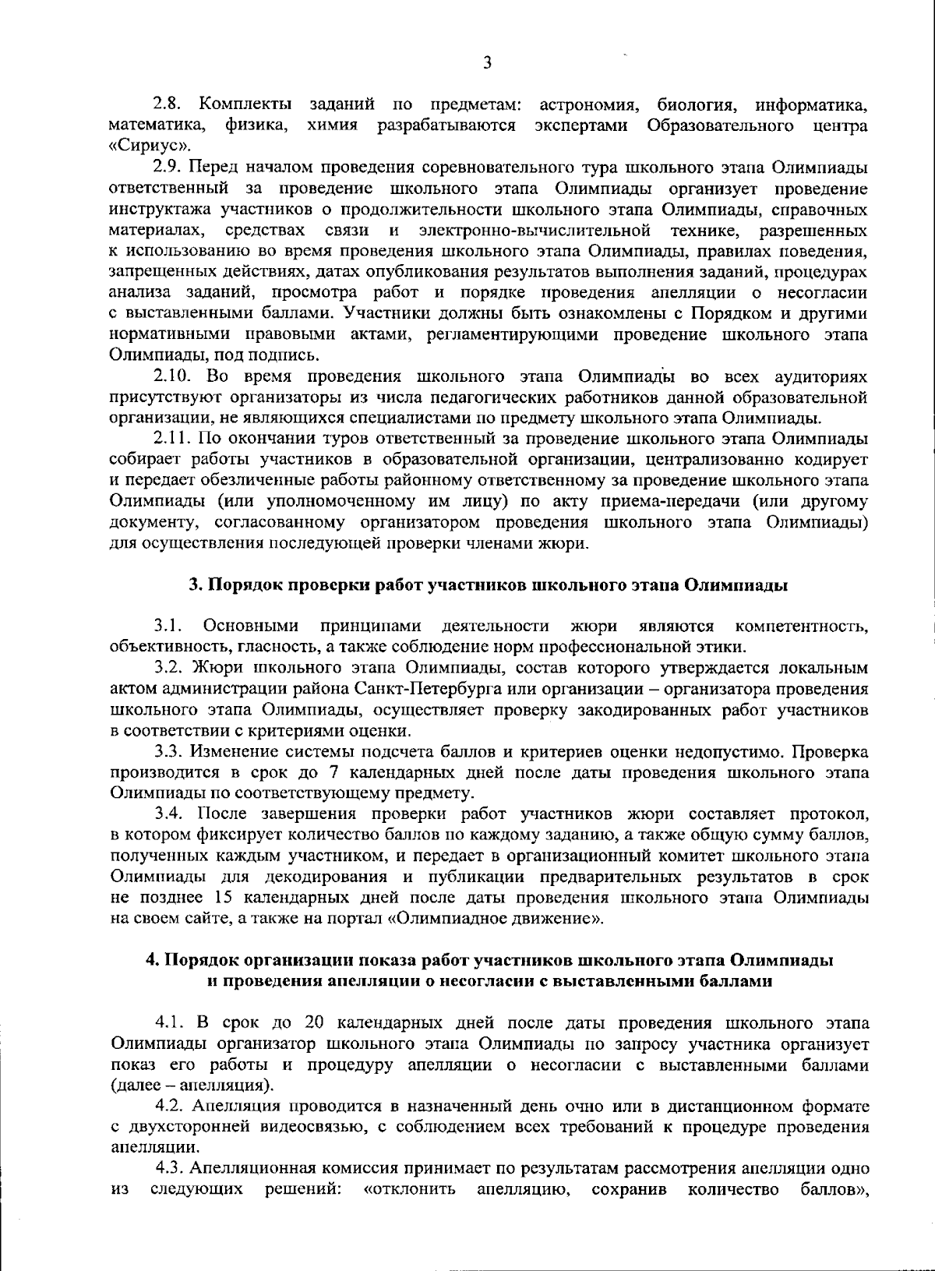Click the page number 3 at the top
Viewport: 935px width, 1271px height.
(x=487, y=63)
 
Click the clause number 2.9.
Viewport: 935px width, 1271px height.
(x=168, y=168)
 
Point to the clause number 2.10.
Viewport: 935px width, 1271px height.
(x=172, y=377)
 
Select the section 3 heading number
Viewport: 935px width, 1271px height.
(x=196, y=586)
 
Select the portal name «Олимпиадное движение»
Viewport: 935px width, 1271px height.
(x=495, y=919)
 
